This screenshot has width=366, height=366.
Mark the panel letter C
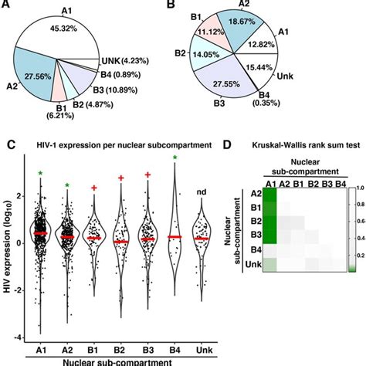9,144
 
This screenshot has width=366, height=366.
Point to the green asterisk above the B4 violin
175,159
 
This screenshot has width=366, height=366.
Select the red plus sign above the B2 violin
121,178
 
